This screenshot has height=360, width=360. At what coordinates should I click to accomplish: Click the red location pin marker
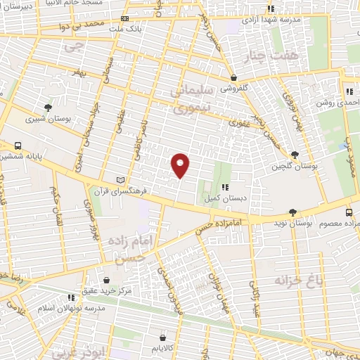tap(181, 165)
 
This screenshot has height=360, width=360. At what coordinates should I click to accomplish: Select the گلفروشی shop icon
tap(233, 78)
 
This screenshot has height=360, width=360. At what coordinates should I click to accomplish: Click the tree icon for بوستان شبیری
tap(47, 108)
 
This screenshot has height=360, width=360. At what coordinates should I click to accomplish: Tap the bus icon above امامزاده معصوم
tap(349, 212)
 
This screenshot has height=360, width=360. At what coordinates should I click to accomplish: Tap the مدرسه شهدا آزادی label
tap(271, 19)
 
